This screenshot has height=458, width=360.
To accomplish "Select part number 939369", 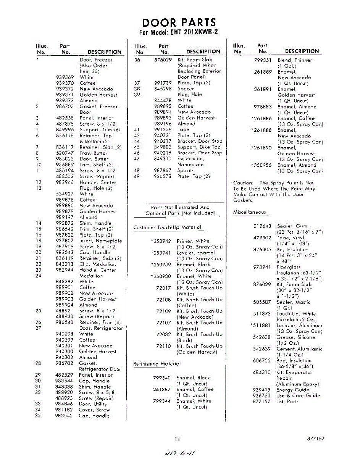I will pyautogui.click(x=65, y=77).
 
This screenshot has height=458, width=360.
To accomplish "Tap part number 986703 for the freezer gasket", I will pyautogui.click(x=65, y=106).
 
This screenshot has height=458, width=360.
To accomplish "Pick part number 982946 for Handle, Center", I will pyautogui.click(x=65, y=182).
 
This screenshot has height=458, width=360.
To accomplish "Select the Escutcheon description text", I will pyautogui.click(x=191, y=159).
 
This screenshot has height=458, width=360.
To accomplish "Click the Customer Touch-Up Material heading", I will pyautogui.click(x=168, y=227).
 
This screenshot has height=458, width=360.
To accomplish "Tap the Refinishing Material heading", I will pyautogui.click(x=157, y=364).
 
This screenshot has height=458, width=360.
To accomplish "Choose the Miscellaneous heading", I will pyautogui.click(x=250, y=212).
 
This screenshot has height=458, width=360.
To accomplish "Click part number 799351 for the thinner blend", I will pyautogui.click(x=263, y=60).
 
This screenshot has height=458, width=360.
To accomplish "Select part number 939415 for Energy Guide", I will pyautogui.click(x=262, y=390).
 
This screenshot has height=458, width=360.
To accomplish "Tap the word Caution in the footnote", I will pyautogui.click(x=243, y=183).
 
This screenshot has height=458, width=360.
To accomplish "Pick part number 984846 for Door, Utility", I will pyautogui.click(x=64, y=404).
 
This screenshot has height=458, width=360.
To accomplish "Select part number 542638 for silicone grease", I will pyautogui.click(x=262, y=337).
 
